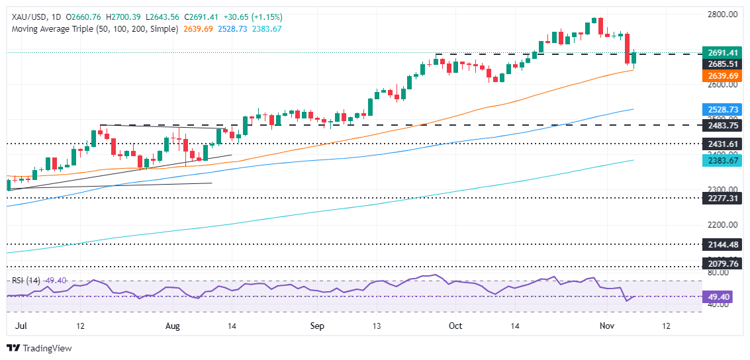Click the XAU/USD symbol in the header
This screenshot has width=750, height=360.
[x=25, y=17]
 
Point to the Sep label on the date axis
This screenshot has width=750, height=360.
[x=316, y=326]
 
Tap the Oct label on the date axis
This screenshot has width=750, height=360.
[x=455, y=326]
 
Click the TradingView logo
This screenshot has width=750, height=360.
[x=39, y=348]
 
